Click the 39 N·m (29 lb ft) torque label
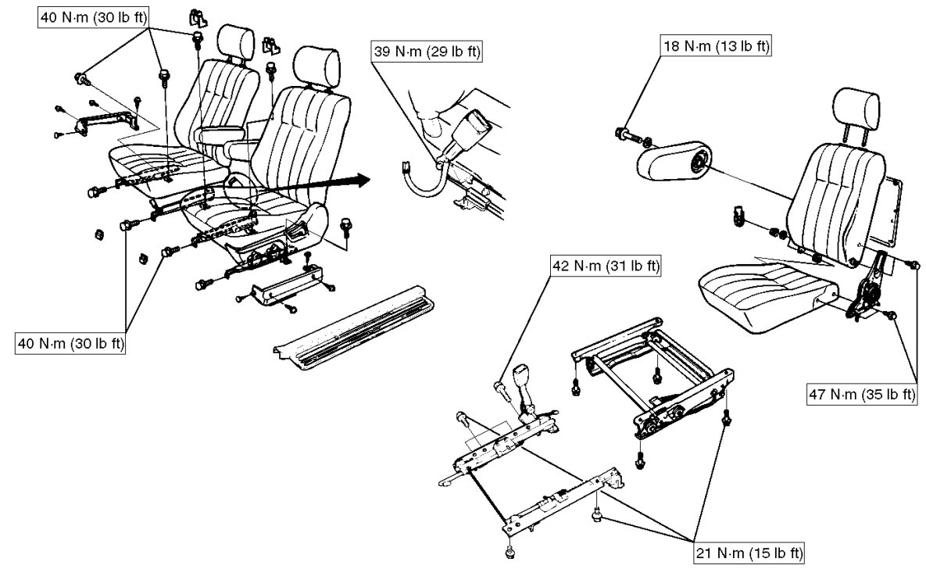click(427, 52)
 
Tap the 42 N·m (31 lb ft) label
click(605, 267)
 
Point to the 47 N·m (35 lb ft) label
click(861, 394)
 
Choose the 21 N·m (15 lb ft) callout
click(749, 554)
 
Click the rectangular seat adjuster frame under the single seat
click(652, 375)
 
